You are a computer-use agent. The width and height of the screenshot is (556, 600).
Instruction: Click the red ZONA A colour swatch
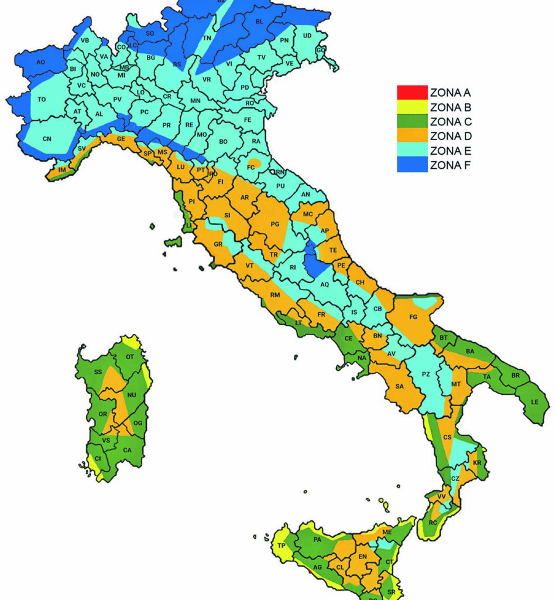coord(411,93)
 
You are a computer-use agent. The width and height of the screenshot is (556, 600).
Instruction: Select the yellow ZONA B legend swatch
coord(411,107)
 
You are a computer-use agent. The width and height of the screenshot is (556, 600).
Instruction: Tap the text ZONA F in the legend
coord(451,165)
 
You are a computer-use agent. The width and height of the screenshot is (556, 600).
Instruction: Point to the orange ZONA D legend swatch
coord(411,137)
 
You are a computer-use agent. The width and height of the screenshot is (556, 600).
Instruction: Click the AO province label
coord(40,62)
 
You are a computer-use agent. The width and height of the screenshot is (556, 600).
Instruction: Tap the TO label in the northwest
coord(42,100)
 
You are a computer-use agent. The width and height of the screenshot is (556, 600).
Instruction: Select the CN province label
coord(47,139)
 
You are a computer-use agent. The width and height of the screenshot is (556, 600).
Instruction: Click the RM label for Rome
coord(275,295)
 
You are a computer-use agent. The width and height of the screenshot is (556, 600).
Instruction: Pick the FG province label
coord(413,317)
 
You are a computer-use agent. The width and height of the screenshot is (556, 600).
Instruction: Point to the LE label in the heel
coord(534,402)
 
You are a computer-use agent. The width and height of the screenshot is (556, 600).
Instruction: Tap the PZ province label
coord(427,374)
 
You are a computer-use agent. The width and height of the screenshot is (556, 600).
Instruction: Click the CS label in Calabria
coord(448,437)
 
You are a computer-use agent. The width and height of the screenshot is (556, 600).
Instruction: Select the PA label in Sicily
coord(317,540)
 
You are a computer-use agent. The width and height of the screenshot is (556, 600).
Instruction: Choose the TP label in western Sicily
coord(282,546)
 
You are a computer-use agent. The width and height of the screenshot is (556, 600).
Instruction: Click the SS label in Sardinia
coord(98,371)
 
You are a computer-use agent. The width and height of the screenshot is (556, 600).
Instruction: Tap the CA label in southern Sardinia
coord(127,450)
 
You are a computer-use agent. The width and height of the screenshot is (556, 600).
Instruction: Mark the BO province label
coord(223,142)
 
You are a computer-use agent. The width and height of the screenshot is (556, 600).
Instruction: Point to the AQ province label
coord(324,284)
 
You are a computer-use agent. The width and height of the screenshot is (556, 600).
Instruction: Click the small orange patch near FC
coord(254,162)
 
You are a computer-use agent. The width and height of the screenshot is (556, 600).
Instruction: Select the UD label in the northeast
coord(307,36)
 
